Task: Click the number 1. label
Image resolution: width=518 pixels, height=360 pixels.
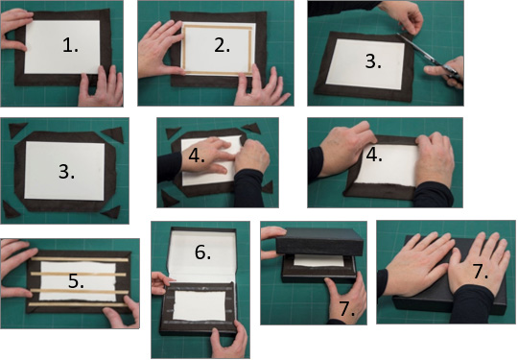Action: [70, 45]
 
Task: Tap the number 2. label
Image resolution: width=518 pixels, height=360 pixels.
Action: [222, 45]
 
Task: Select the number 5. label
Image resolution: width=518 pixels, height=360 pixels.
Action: [76, 281]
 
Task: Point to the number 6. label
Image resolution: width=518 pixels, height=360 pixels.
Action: [202, 252]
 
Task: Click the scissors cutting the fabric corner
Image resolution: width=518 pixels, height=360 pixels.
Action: [430, 58]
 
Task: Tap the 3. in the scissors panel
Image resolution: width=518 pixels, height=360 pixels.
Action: [373, 61]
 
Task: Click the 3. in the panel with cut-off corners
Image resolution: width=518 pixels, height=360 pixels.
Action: [66, 172]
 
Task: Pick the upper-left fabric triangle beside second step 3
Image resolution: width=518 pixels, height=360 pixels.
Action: [17, 130]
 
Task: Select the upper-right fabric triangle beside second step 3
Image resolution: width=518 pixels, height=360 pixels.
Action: [113, 134]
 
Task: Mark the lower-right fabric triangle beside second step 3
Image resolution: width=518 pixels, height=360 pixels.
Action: [111, 212]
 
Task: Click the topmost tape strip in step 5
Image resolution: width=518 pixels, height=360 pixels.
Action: [80, 259]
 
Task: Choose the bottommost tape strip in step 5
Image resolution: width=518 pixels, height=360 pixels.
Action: [78, 304]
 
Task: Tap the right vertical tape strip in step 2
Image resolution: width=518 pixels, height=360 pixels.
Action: [250, 50]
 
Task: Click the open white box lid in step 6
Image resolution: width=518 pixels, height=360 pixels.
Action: [202, 256]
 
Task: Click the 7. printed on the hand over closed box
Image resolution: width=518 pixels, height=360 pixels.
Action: [481, 271]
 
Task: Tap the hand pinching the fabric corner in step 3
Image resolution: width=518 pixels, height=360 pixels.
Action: [403, 16]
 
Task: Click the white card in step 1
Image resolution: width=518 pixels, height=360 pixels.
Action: [62, 47]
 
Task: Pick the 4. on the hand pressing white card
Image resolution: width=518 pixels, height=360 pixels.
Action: [197, 156]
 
